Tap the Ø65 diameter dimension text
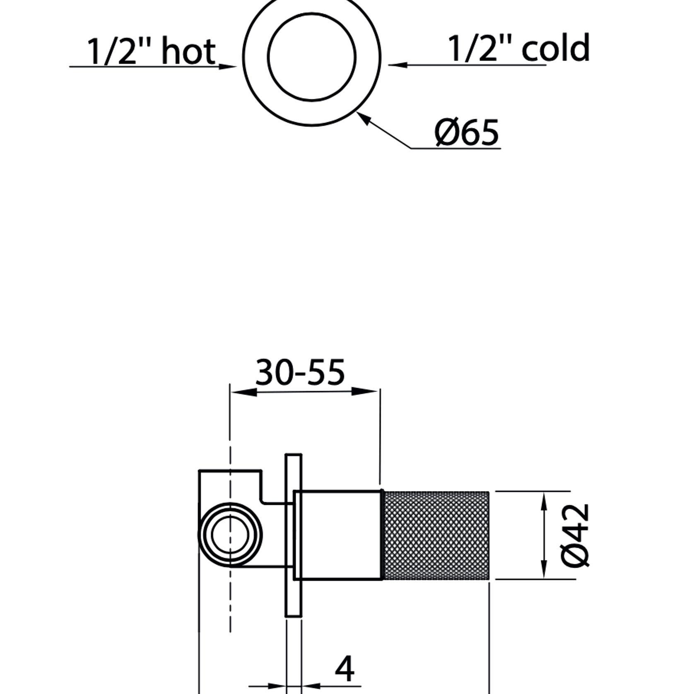(467, 133)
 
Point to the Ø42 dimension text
(575, 535)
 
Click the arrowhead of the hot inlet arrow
(227, 66)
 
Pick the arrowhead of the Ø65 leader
(363, 118)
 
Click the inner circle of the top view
(312, 57)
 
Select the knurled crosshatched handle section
(436, 535)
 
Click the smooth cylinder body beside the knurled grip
(339, 535)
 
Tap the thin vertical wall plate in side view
(293, 535)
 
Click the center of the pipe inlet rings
(230, 535)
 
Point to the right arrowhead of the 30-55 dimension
(366, 390)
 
